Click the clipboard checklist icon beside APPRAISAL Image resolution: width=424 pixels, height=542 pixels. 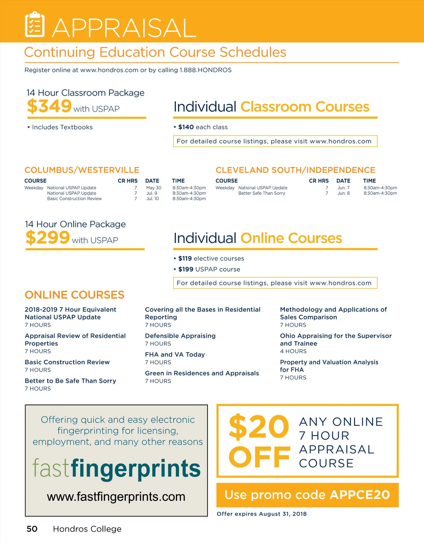(x=35, y=24)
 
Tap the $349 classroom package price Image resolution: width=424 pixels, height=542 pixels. (x=49, y=106)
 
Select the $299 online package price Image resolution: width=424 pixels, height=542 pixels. (x=48, y=237)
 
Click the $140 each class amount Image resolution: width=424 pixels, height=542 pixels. (x=186, y=127)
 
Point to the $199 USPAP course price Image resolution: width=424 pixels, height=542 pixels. (x=186, y=269)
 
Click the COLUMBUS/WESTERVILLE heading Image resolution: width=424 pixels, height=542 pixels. (x=82, y=170)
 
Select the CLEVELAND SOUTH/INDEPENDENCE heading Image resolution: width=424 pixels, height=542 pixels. (x=295, y=170)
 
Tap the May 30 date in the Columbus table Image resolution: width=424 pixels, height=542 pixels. (x=154, y=188)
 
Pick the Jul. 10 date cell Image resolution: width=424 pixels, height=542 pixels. (x=153, y=199)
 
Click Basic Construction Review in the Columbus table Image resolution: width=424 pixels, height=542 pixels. (x=75, y=199)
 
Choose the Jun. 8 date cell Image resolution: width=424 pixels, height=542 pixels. (x=343, y=193)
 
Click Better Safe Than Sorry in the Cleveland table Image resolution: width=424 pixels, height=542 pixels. (x=262, y=193)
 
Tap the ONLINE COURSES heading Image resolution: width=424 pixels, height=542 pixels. (x=75, y=295)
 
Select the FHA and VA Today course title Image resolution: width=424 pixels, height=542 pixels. (x=175, y=355)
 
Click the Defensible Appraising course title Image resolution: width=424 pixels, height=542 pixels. (x=180, y=336)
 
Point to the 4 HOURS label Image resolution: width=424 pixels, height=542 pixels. (x=293, y=351)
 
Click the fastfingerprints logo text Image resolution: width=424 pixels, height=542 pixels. (x=117, y=469)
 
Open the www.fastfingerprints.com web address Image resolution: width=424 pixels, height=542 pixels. (x=116, y=497)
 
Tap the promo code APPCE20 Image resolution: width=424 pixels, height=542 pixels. (x=360, y=495)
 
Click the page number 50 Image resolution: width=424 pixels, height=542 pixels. (x=32, y=529)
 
